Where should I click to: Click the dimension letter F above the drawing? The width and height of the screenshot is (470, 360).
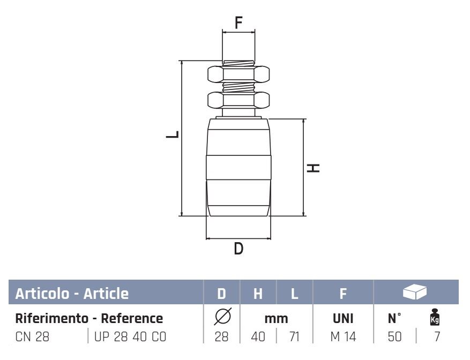(238, 22)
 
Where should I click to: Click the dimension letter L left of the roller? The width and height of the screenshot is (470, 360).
(173, 134)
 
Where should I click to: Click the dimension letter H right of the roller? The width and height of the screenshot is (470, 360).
(313, 168)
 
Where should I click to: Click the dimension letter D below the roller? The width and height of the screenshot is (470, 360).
(238, 249)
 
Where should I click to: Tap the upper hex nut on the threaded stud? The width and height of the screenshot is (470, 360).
(238, 74)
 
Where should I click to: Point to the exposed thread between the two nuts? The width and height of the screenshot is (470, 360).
(238, 87)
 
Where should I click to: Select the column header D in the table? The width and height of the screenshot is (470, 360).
(221, 294)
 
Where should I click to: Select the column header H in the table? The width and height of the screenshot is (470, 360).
(258, 294)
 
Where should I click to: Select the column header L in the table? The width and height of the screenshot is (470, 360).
(295, 294)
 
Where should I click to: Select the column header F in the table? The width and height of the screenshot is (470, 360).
(343, 294)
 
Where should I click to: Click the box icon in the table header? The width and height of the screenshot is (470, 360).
(415, 291)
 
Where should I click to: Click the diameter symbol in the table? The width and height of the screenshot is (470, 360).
(223, 316)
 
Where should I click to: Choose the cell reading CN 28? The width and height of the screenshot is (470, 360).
(32, 336)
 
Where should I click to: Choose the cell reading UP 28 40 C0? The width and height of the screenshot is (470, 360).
(130, 336)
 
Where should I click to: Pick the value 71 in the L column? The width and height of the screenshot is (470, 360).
(295, 336)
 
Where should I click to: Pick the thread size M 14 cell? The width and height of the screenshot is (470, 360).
(343, 336)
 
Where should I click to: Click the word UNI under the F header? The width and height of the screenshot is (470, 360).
(343, 318)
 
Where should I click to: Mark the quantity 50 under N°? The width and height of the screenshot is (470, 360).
(394, 336)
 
